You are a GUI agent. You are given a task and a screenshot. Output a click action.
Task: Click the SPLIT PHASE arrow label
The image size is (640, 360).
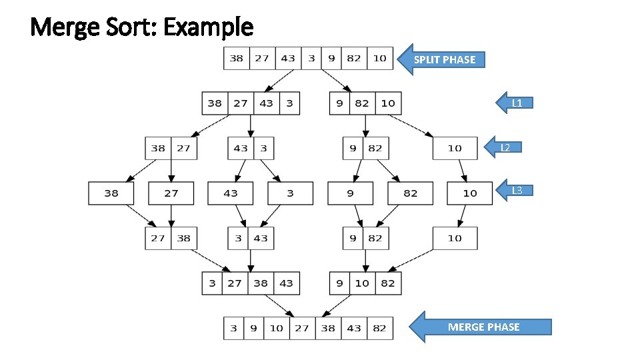click(x=445, y=59)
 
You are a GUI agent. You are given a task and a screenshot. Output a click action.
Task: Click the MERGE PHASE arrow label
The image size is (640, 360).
click(x=483, y=327)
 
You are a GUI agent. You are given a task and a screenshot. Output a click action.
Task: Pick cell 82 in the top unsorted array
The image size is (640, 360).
click(x=354, y=58)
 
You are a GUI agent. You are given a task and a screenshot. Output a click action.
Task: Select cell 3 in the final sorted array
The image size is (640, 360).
click(x=233, y=328)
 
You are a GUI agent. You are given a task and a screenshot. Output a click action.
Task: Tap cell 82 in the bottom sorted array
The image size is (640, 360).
click(x=379, y=328)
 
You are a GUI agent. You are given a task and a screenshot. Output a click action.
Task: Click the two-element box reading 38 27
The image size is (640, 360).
click(x=171, y=148)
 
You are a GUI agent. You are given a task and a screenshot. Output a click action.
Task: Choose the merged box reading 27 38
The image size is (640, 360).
click(x=171, y=238)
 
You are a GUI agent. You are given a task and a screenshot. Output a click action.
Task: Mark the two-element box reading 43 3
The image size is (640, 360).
click(x=251, y=148)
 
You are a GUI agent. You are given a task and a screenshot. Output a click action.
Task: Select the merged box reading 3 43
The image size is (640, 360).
click(x=251, y=238)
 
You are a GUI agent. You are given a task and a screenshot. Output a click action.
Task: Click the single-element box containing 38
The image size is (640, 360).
click(x=111, y=193)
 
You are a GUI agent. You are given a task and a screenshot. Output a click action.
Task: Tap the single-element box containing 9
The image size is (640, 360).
click(x=350, y=193)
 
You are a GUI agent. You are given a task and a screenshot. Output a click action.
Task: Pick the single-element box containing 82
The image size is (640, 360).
click(x=410, y=193)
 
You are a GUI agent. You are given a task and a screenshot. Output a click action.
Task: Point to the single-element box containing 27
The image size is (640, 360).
click(x=171, y=193)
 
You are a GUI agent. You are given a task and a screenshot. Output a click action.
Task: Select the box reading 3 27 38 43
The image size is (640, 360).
click(x=251, y=283)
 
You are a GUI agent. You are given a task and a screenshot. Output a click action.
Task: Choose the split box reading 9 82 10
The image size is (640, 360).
click(x=365, y=103)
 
